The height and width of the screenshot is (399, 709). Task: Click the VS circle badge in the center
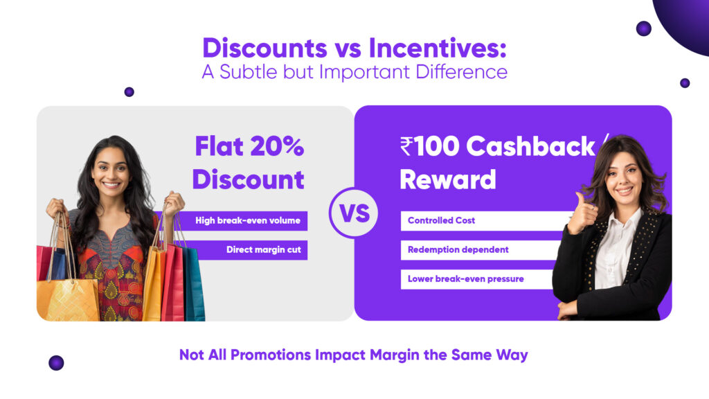pos(354,213)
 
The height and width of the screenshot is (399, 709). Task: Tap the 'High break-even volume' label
pos(248,221)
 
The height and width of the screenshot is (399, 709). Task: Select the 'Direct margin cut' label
pos(263,250)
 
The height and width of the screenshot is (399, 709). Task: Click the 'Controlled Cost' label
pos(441,221)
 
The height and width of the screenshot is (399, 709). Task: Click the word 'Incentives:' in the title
pos(438,48)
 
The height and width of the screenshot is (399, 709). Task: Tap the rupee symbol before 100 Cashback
pos(406,147)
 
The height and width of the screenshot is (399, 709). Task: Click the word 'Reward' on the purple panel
pos(448,179)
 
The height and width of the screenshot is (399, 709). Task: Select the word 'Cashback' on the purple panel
pos(530,147)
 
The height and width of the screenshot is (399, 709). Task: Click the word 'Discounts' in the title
pos(264,48)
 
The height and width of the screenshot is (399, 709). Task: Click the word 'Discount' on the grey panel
pos(248,179)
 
